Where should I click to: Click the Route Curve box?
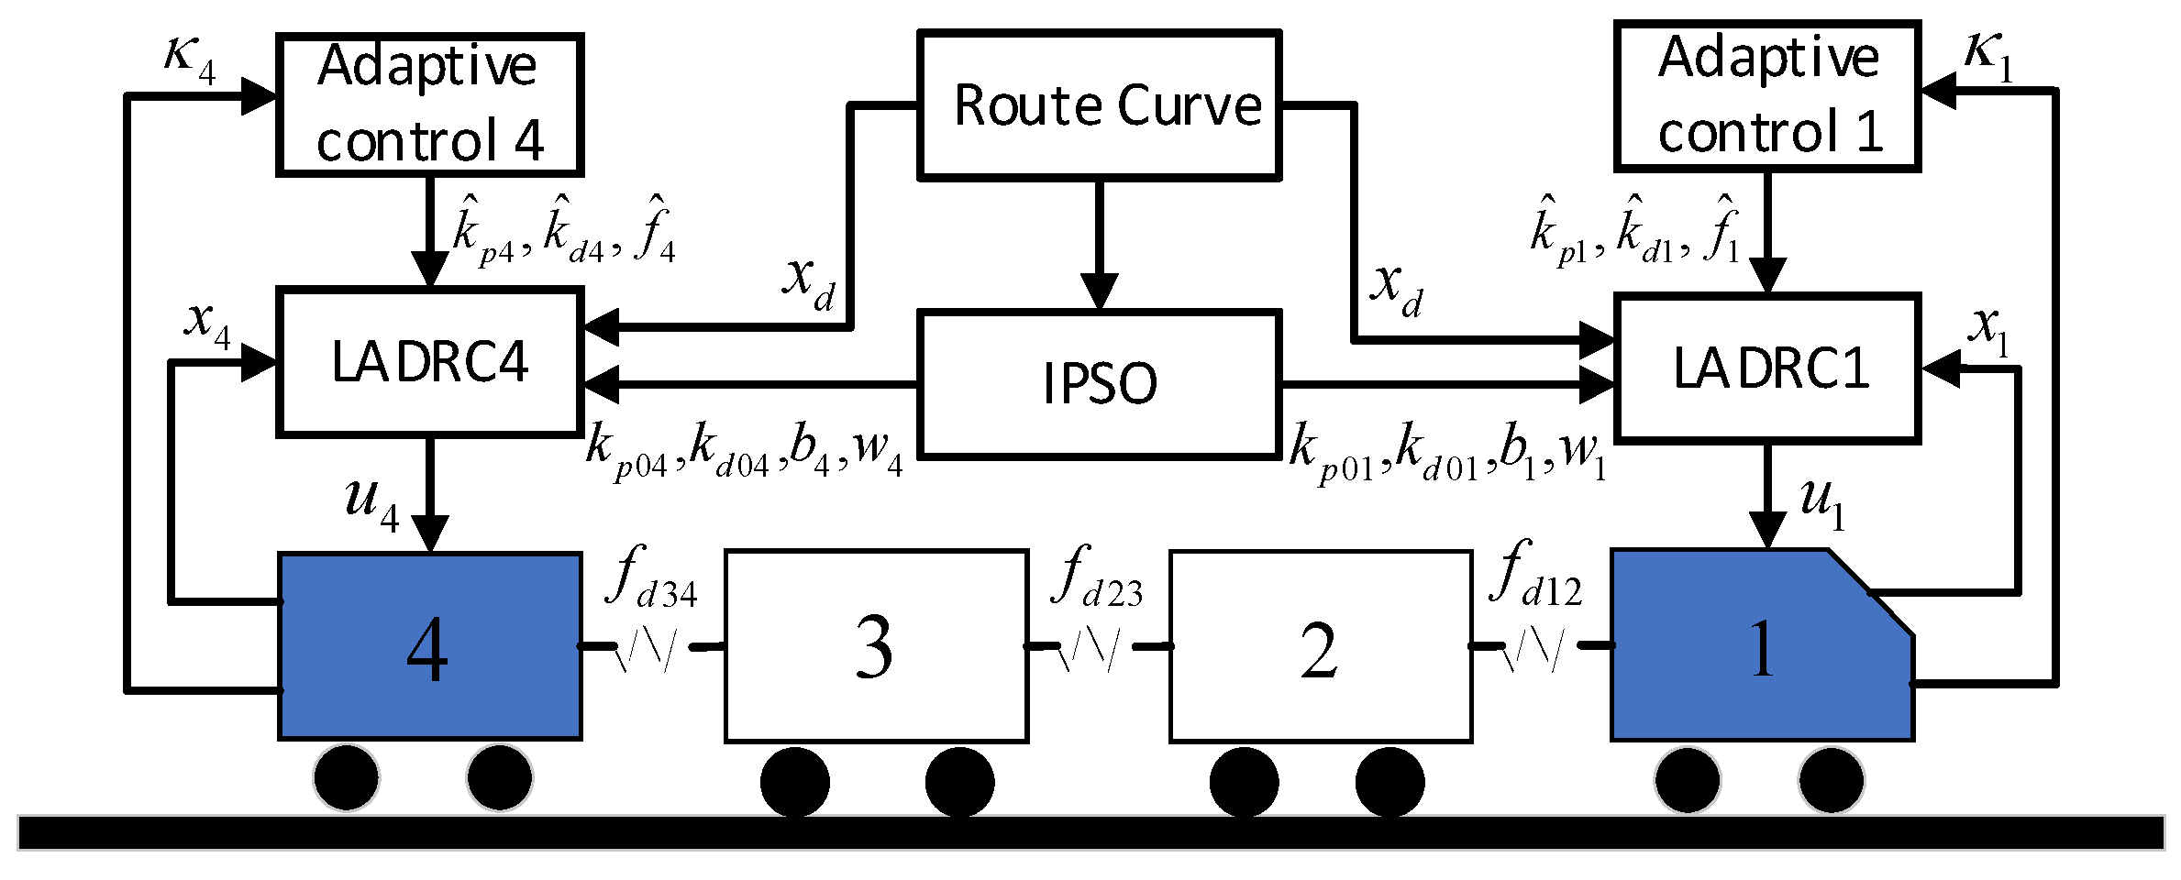tap(1099, 105)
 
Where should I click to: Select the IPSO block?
tap(1099, 383)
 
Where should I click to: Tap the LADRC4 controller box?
tap(429, 361)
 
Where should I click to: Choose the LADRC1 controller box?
tap(1766, 368)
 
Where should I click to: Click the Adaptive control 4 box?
tap(429, 104)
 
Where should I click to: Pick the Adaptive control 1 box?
tap(1766, 95)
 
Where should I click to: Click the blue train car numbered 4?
tap(429, 647)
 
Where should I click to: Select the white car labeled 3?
tap(876, 647)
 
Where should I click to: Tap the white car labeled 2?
tap(1321, 647)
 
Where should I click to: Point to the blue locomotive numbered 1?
tap(1761, 647)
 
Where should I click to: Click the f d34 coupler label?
tap(651, 577)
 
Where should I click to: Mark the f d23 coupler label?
tap(1098, 577)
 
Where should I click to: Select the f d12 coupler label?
tap(1536, 575)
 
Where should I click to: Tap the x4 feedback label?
tap(207, 323)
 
